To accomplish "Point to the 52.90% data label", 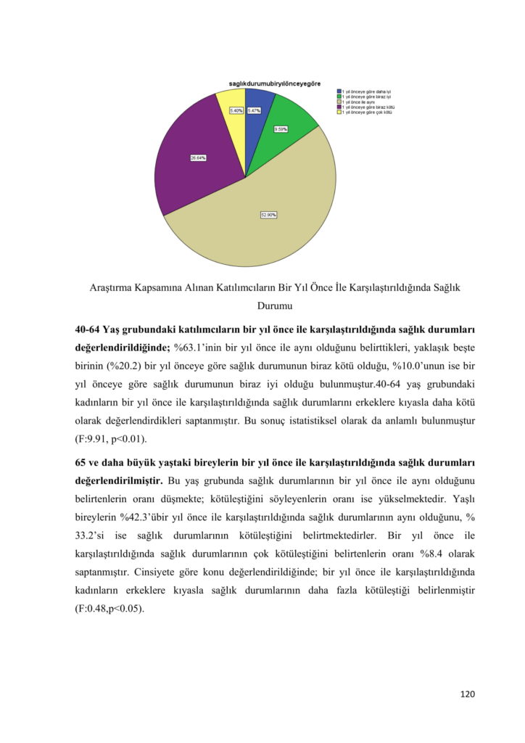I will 268,215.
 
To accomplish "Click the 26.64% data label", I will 198,157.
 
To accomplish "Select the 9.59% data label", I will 281,129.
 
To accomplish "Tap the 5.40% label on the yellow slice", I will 236,111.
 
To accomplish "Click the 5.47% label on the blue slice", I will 253,111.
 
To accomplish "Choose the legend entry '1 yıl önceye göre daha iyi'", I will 366,91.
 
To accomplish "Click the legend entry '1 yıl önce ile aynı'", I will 363,102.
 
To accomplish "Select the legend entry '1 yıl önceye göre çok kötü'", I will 367,112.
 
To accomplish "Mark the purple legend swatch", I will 339,107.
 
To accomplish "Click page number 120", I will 468,694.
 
